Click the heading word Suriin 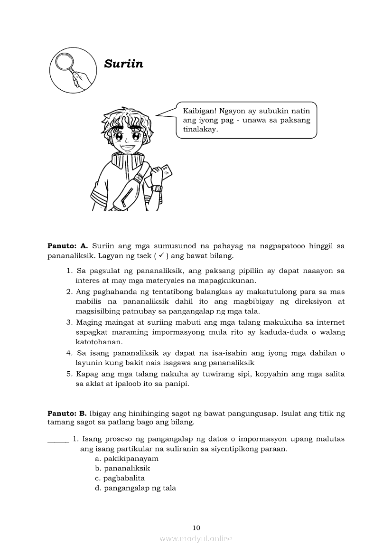click(123, 64)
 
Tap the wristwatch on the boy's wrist click(157, 188)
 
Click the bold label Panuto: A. click(68, 246)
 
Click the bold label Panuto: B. click(67, 413)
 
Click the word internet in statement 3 click(331, 322)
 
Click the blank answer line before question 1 click(58, 439)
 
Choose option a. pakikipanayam click(127, 459)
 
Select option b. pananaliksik click(122, 468)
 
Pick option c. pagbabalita click(120, 478)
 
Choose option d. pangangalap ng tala click(136, 488)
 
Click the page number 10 click(196, 527)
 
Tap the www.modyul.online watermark click(196, 539)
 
